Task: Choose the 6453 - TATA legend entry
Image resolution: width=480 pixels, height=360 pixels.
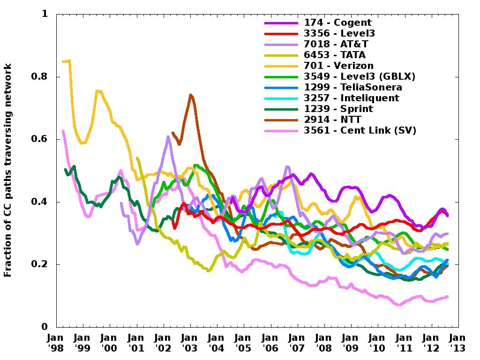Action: [335, 55]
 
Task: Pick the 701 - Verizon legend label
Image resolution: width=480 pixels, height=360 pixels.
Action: [339, 66]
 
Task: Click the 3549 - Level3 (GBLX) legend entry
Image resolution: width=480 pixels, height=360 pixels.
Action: [360, 76]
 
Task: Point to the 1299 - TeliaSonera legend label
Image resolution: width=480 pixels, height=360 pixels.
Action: [353, 87]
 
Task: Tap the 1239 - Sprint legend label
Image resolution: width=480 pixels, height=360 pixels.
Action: [338, 109]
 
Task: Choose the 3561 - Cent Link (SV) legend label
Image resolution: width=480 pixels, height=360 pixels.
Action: [360, 130]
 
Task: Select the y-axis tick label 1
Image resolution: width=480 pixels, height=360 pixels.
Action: [45, 14]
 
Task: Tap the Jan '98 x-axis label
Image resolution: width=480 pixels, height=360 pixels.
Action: [56, 343]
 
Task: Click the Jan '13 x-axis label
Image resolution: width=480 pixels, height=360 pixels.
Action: [458, 343]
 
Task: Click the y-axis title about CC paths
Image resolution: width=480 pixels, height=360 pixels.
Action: [8, 170]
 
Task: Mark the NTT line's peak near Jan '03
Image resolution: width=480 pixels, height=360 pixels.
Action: [191, 95]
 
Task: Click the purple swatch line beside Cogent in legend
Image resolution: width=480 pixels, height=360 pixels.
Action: [281, 22]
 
